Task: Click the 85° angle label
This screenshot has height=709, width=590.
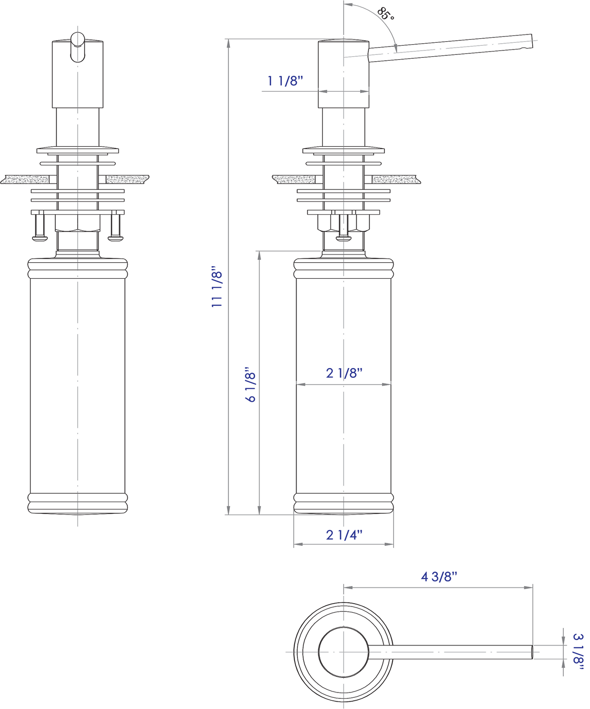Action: [x=385, y=14]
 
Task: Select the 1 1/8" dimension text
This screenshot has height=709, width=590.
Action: [x=285, y=81]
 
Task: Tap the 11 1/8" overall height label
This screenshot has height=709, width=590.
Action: [x=217, y=287]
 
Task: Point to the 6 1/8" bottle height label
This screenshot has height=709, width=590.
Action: [x=250, y=385]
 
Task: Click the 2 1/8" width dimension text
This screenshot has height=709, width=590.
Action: [x=344, y=373]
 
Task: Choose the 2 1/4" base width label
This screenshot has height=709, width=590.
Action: [x=344, y=535]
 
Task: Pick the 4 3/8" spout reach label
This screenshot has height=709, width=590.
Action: [x=439, y=576]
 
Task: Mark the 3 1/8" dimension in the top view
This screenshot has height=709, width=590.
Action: [x=578, y=651]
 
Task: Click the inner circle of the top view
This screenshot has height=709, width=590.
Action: [x=344, y=652]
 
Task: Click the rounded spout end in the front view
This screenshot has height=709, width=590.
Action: [x=78, y=47]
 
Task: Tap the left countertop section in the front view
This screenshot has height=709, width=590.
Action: [x=25, y=180]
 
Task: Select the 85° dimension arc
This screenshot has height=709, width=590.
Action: [x=384, y=24]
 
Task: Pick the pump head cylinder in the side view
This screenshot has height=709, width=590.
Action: [x=344, y=74]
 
